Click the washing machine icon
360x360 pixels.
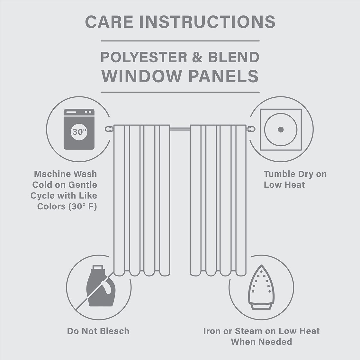(x=79, y=129)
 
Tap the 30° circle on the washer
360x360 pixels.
(x=79, y=132)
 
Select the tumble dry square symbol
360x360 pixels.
(x=281, y=130)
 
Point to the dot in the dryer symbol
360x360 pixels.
(x=281, y=130)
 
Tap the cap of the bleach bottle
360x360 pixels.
(x=98, y=267)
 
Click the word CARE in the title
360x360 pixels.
(x=109, y=22)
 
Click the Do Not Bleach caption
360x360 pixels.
(x=98, y=331)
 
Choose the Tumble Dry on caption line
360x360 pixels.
(x=295, y=174)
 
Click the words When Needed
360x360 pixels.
(x=261, y=342)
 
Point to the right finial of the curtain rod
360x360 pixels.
(x=251, y=129)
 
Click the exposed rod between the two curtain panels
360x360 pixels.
(x=180, y=129)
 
